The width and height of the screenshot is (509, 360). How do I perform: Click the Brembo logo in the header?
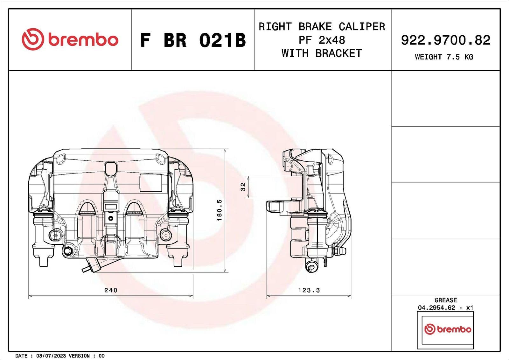70,39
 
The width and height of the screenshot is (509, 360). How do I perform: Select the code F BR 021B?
193,40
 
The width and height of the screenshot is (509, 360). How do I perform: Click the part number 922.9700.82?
445,40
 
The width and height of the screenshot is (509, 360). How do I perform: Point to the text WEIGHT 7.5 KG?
444,57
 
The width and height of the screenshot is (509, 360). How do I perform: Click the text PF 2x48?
322,40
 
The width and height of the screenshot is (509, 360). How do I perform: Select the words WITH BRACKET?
322,53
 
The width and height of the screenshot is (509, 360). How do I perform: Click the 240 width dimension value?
111,290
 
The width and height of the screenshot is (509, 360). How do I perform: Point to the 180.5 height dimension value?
219,210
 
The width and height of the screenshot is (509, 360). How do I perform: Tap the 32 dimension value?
243,187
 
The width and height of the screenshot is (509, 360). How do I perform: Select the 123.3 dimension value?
309,290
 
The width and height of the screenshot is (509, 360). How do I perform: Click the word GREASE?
445,300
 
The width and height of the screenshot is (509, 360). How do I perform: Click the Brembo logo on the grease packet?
448,329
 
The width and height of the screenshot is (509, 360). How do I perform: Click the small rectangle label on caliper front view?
151,183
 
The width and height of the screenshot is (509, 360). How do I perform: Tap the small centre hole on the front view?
111,218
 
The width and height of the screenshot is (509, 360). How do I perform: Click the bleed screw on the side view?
339,251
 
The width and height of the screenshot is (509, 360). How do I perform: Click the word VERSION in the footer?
79,356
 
